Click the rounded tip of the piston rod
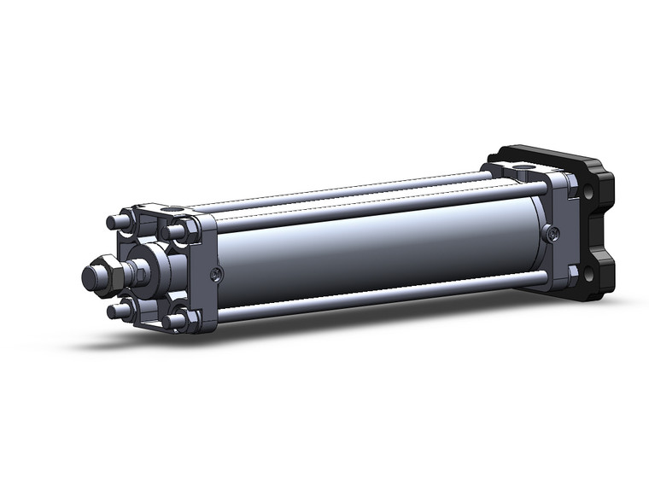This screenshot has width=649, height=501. click(90, 277)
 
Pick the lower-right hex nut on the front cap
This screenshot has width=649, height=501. click(176, 321)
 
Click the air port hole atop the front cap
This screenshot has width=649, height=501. click(174, 208)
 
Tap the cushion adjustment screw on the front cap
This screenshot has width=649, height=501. click(217, 273)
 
